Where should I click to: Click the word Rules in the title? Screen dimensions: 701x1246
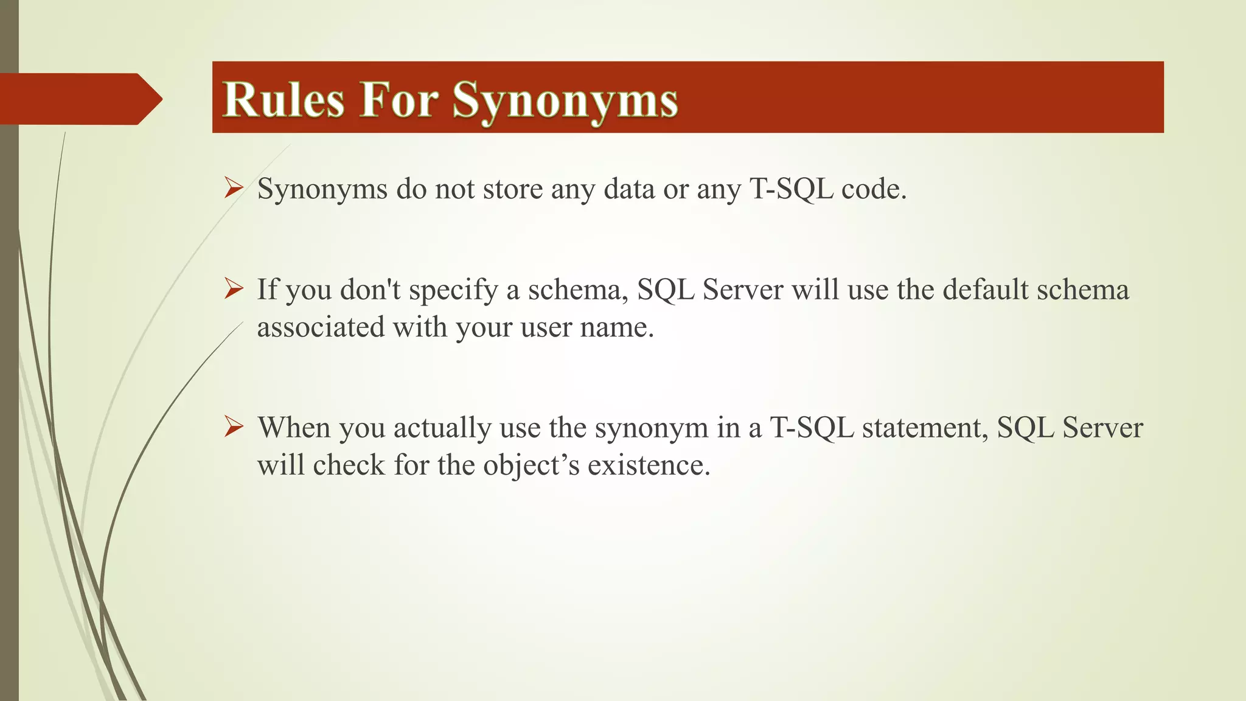pyautogui.click(x=284, y=99)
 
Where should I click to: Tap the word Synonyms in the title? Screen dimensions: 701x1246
pyautogui.click(x=565, y=100)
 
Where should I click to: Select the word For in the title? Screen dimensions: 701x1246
pyautogui.click(x=399, y=99)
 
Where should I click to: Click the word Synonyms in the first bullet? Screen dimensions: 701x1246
pyautogui.click(x=322, y=189)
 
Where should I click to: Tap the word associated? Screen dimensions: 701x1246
pyautogui.click(x=321, y=327)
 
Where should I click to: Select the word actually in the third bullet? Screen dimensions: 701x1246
pyautogui.click(x=442, y=428)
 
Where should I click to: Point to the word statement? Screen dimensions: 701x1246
pyautogui.click(x=925, y=427)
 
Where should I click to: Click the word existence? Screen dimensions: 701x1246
pyautogui.click(x=649, y=466)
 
